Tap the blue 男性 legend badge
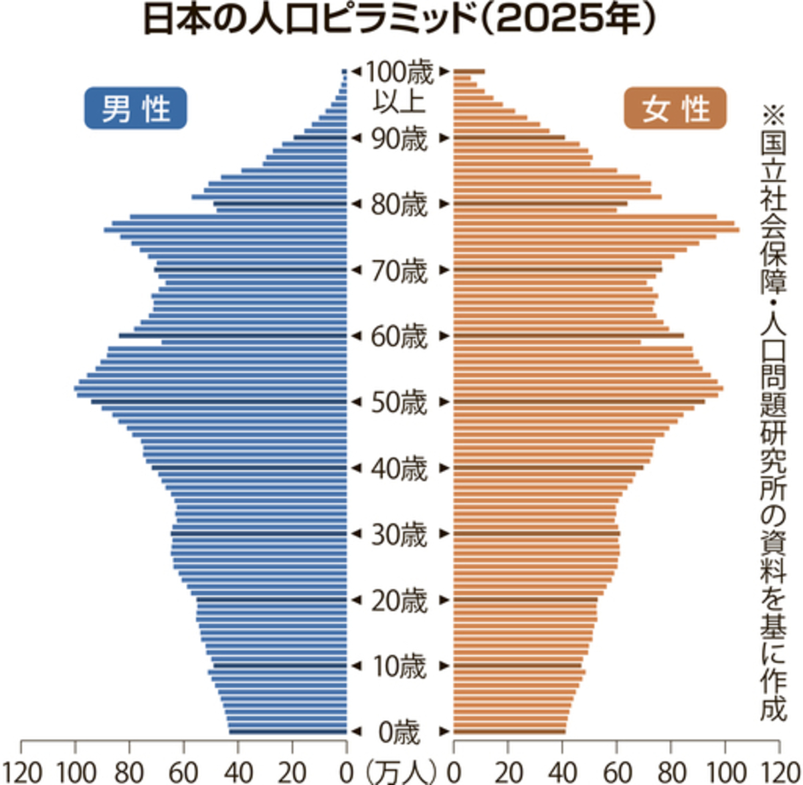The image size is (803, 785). tap(136, 108)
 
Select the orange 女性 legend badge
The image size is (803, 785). tap(675, 108)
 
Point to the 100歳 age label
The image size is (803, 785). tap(399, 73)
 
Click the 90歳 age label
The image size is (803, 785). tap(399, 139)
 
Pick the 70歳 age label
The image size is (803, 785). tap(399, 271)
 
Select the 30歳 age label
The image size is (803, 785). tap(399, 535)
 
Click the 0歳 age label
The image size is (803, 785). tap(399, 733)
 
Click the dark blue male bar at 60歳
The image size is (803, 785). tap(233, 336)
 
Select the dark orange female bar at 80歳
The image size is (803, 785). tap(541, 204)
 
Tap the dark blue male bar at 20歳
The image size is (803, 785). tap(272, 600)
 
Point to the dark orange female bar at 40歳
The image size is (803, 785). tap(549, 467)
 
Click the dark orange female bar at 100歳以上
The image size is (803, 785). tap(470, 72)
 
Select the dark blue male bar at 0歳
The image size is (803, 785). tap(288, 732)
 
